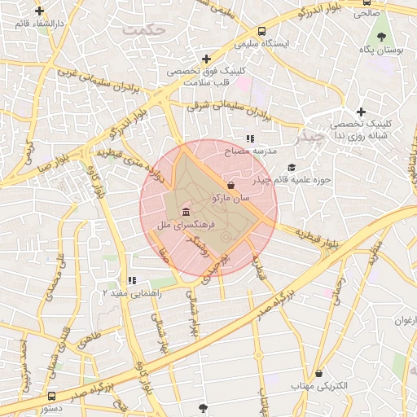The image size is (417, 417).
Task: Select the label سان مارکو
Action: click(x=232, y=197)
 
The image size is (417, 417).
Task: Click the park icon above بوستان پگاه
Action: click(x=381, y=37)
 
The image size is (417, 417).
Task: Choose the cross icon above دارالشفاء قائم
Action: click(x=40, y=11)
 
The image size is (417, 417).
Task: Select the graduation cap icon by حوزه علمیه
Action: click(x=291, y=168)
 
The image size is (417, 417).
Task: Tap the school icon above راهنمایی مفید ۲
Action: click(x=132, y=281)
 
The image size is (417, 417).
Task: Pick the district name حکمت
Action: click(x=144, y=29)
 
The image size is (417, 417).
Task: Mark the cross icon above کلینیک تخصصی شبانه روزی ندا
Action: click(x=361, y=112)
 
